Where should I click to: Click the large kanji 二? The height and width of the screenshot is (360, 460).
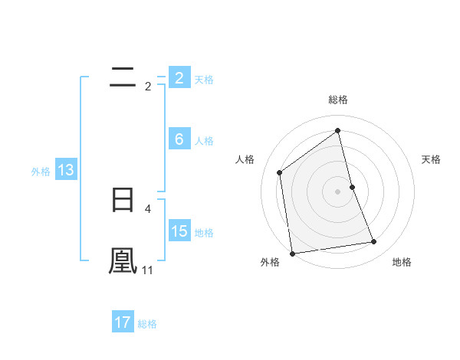tap(123, 77)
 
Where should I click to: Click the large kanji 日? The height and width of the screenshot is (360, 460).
tap(123, 201)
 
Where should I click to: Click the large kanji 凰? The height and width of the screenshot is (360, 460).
tap(123, 261)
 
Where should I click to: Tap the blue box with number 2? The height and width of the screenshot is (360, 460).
tap(179, 78)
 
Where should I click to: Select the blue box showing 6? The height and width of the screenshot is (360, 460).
tap(179, 139)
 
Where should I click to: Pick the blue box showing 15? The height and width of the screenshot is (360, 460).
tap(179, 231)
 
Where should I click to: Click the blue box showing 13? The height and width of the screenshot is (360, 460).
tap(66, 170)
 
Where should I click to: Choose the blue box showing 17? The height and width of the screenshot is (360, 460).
tap(123, 322)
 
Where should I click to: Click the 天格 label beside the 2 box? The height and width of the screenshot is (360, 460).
tap(204, 79)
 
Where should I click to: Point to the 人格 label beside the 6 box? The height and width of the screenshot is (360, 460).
tap(204, 141)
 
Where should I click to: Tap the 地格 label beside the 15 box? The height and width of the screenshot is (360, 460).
tap(204, 233)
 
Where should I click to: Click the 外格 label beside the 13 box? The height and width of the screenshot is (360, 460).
tap(41, 172)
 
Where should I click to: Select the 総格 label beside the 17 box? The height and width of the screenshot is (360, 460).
tap(147, 324)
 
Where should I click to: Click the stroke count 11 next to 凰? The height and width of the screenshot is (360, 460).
tap(148, 270)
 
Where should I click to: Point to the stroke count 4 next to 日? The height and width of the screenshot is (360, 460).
tap(147, 208)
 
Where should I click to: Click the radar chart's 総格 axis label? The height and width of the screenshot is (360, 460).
tap(338, 100)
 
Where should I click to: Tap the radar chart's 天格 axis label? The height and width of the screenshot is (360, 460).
tap(432, 159)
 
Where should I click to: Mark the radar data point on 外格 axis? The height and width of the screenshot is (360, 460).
tap(292, 254)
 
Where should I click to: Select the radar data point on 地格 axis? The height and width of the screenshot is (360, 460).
tap(374, 242)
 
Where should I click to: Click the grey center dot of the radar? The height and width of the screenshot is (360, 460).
tap(338, 191)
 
